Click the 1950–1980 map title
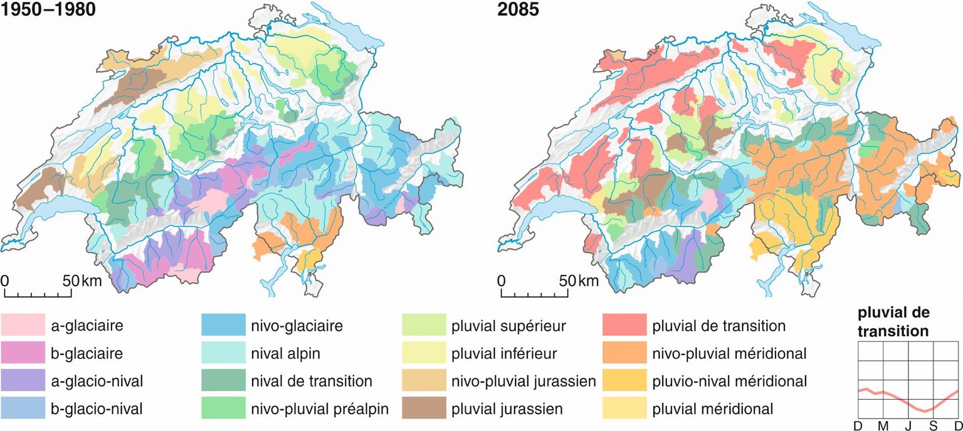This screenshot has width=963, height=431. coord(48,11)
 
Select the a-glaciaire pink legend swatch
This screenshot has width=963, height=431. coord(23,326)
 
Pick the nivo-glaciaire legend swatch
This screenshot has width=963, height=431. coord(224,326)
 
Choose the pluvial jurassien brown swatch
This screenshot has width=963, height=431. coord(424,409)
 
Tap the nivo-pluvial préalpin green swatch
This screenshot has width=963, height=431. coord(224,409)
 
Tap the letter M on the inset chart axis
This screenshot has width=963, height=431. coord(883,426)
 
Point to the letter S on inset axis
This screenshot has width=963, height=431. coord(933,426)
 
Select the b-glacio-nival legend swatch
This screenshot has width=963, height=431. coord(23,409)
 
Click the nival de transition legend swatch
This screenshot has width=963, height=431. coord(224,381)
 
